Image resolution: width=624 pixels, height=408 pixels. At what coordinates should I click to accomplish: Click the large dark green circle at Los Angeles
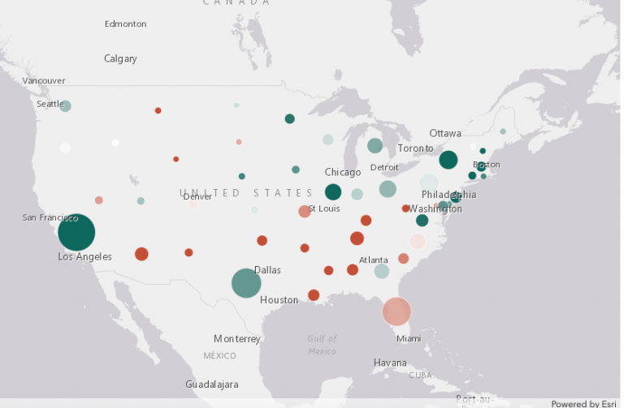pyautogui.click(x=76, y=233)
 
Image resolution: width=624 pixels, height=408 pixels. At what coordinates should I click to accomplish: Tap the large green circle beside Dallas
pyautogui.click(x=246, y=283)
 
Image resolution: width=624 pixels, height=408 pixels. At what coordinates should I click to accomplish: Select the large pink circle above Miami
pyautogui.click(x=396, y=311)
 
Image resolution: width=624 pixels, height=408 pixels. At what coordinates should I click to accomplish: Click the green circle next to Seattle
pyautogui.click(x=66, y=106)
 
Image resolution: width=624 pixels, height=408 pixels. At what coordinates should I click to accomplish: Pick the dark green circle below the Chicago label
pyautogui.click(x=333, y=192)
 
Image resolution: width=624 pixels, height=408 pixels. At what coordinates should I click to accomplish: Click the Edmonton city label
pyautogui.click(x=125, y=24)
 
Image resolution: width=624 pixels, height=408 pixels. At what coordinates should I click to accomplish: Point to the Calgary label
pyautogui.click(x=120, y=58)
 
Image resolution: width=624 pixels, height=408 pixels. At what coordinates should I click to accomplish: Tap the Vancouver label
pyautogui.click(x=44, y=81)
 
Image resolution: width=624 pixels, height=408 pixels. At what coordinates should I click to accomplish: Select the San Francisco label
pyautogui.click(x=50, y=217)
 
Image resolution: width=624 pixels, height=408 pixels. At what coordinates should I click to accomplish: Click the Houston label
pyautogui.click(x=279, y=300)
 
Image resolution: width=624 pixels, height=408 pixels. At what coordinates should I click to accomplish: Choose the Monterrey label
pyautogui.click(x=236, y=338)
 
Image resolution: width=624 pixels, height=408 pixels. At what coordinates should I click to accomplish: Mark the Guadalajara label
pyautogui.click(x=211, y=384)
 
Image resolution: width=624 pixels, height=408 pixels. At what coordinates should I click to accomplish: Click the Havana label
pyautogui.click(x=389, y=362)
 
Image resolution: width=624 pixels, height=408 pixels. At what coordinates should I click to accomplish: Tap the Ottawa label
pyautogui.click(x=445, y=133)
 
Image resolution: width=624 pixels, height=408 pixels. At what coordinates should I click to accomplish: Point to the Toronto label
pyautogui.click(x=415, y=148)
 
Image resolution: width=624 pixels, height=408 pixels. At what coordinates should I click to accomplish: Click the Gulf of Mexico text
pyautogui.click(x=322, y=345)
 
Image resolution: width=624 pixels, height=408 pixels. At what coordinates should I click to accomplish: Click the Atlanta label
pyautogui.click(x=373, y=260)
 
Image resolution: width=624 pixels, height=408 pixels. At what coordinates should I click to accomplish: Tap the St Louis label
pyautogui.click(x=325, y=208)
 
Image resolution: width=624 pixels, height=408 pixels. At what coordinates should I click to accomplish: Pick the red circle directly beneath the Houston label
pyautogui.click(x=314, y=295)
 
